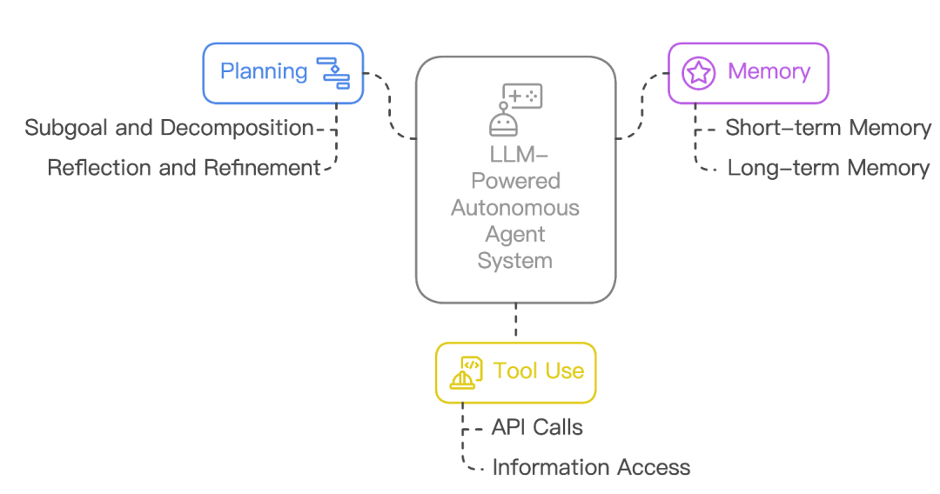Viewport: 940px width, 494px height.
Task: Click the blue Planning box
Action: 282,73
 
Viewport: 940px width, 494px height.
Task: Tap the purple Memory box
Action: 748,73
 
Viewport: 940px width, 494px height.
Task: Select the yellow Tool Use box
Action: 515,371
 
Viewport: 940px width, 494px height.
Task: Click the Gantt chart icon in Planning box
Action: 332,73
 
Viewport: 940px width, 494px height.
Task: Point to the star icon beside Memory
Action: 698,73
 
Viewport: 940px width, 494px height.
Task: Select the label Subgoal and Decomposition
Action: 169,128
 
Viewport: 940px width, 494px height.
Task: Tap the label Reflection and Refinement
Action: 184,168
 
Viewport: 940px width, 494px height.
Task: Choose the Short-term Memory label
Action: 828,128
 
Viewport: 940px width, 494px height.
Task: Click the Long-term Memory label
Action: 828,168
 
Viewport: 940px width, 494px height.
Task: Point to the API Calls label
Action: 536,427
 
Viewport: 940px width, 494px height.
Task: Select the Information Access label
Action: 591,467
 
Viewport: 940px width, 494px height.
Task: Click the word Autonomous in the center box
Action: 515,208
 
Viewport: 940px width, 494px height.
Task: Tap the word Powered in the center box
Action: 515,181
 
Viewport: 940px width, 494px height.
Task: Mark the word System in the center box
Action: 515,261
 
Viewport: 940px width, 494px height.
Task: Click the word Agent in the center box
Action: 515,235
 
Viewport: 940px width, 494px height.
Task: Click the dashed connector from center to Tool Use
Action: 516,321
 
